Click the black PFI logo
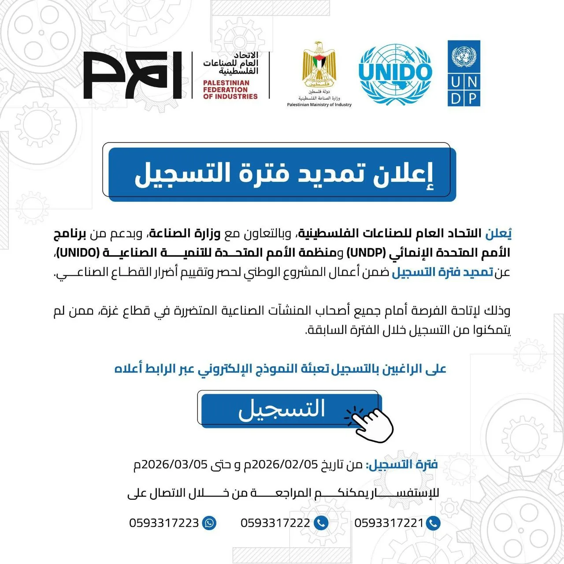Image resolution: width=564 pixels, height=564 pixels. pos(132,75)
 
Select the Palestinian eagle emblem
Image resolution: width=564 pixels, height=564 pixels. pos(319,65)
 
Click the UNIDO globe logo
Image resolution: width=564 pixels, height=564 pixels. pos(395,74)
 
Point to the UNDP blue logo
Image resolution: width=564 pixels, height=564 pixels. pos(464,74)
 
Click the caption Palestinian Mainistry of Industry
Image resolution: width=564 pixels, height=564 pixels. pos(319,105)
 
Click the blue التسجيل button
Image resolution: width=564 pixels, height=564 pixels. pos(282,409)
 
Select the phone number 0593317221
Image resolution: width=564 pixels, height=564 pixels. pos(389,523)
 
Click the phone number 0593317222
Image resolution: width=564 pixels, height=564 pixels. pos(275,523)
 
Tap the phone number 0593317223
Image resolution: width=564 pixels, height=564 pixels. pos(164,523)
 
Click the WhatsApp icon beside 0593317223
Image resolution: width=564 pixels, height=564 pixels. pos(209,523)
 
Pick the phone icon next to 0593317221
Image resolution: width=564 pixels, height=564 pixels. pos(434,523)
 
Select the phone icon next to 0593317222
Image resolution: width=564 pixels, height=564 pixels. pos(321,523)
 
